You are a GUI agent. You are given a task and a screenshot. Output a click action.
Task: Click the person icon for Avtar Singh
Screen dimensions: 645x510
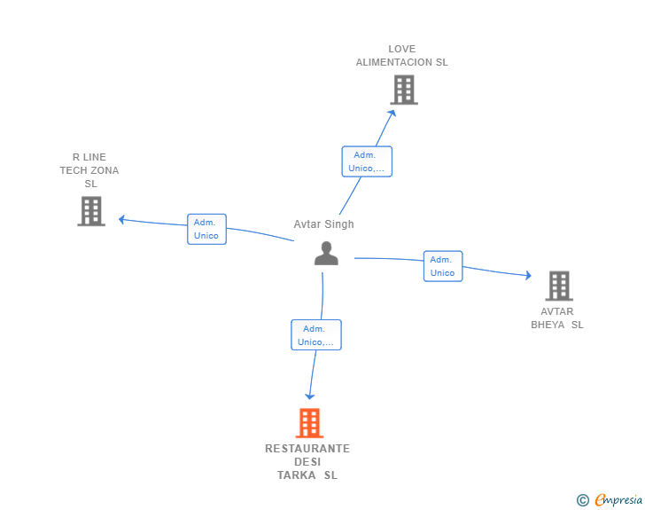click(x=326, y=254)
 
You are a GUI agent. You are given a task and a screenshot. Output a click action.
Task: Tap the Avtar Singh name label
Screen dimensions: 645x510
click(x=323, y=224)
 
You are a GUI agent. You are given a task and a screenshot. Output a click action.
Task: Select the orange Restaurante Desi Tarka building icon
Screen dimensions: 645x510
click(x=309, y=423)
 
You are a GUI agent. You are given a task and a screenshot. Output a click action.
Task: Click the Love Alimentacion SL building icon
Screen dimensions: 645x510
click(x=404, y=90)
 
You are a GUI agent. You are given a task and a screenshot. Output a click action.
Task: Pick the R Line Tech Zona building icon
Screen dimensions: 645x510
click(x=91, y=211)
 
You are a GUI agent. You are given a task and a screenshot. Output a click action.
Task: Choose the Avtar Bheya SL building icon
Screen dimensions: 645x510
click(x=559, y=286)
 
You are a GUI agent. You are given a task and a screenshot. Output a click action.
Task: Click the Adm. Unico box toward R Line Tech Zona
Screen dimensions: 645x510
click(x=206, y=229)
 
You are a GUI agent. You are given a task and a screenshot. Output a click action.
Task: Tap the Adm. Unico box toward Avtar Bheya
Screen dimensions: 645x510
click(x=443, y=266)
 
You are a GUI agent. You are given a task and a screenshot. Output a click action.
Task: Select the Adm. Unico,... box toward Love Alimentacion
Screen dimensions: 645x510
click(x=367, y=161)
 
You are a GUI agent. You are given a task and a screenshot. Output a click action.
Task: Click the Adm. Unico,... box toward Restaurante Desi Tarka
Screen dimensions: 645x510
click(x=316, y=335)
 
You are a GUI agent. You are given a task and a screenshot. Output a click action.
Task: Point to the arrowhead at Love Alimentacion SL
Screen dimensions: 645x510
click(x=392, y=114)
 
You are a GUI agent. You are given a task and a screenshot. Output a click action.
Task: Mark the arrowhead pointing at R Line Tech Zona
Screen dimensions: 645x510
click(x=121, y=220)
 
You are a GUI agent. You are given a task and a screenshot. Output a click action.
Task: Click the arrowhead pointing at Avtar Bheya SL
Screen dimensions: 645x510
click(x=529, y=275)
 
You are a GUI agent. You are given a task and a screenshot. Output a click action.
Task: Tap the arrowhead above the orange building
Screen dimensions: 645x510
click(x=310, y=396)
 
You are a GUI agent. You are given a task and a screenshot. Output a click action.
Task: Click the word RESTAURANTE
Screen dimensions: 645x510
click(x=307, y=449)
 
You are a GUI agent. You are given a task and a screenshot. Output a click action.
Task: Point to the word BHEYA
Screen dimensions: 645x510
click(x=548, y=325)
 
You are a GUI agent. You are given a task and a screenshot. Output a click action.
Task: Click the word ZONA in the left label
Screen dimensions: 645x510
click(x=105, y=170)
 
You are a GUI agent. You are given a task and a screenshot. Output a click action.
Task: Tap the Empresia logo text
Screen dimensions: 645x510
click(x=618, y=499)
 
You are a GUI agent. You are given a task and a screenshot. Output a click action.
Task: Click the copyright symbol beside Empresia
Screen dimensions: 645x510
click(x=583, y=500)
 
